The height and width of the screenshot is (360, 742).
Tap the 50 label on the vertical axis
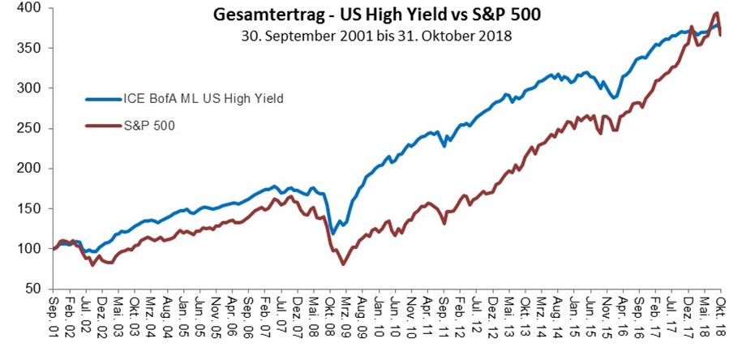coord(36,289)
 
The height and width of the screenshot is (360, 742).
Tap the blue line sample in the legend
coord(102,99)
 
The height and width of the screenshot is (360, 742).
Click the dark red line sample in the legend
coord(102,126)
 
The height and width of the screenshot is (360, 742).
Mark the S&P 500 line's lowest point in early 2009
coord(343,264)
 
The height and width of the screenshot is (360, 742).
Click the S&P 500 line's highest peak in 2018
coord(716,13)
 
